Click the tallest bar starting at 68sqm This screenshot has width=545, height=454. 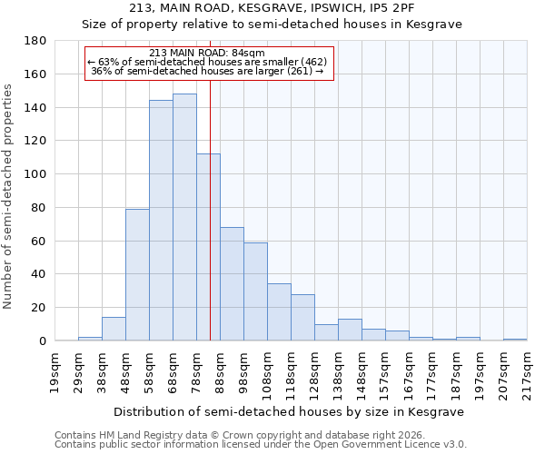tap(184, 218)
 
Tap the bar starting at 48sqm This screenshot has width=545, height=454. tap(137, 275)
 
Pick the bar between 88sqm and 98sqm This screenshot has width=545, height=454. tap(232, 284)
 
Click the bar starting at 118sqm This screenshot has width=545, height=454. tap(302, 318)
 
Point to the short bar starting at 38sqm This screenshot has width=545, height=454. tap(114, 330)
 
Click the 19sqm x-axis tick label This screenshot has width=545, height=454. tap(54, 369)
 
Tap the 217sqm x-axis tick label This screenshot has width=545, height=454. tap(527, 369)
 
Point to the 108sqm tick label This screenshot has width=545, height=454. tap(267, 369)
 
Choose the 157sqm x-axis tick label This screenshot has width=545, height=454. tap(385, 369)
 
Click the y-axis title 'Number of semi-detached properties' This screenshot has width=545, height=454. tap(8, 196)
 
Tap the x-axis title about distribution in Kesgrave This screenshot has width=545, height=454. tap(290, 411)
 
